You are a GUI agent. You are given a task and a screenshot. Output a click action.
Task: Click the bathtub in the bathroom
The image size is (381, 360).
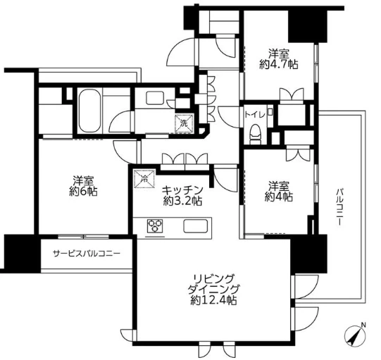coord(90,111)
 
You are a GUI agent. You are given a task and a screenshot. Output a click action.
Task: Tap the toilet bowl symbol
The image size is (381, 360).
coord(255,134)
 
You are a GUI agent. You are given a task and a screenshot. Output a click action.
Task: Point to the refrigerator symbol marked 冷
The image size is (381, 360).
coord(144,179)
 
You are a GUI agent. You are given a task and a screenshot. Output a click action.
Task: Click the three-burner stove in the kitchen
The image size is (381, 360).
coord(155,225)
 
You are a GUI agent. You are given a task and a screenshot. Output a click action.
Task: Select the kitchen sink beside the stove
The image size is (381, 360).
coord(196,226)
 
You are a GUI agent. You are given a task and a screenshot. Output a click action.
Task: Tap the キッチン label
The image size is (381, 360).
coord(182,190)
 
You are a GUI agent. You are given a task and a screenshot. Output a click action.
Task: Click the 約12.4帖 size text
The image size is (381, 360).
coord(213,300)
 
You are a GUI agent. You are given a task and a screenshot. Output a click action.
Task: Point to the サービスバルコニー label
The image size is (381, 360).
coord(87,254)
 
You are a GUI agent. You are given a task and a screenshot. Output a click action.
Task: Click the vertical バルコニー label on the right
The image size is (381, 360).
coord(339,206)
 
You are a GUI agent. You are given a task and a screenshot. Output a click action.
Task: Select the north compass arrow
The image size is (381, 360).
coord(356,335)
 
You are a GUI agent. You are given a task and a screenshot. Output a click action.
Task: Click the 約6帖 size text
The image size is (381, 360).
coord(83,192)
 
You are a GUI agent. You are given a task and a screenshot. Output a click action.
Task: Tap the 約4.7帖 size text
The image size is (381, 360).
coord(279,64)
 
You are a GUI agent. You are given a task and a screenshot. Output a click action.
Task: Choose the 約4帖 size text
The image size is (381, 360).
coord(279,197)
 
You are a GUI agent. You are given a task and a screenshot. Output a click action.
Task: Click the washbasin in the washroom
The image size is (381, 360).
coord(155,97)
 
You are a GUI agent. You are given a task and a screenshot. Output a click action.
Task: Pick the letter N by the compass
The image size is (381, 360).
coord(363,325)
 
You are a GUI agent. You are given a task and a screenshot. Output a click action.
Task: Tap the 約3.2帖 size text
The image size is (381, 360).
coord(182,201)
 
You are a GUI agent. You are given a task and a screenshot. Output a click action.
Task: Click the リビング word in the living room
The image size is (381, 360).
coord(213,278)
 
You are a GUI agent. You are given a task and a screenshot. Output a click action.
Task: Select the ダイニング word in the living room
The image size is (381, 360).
coord(213,290)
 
